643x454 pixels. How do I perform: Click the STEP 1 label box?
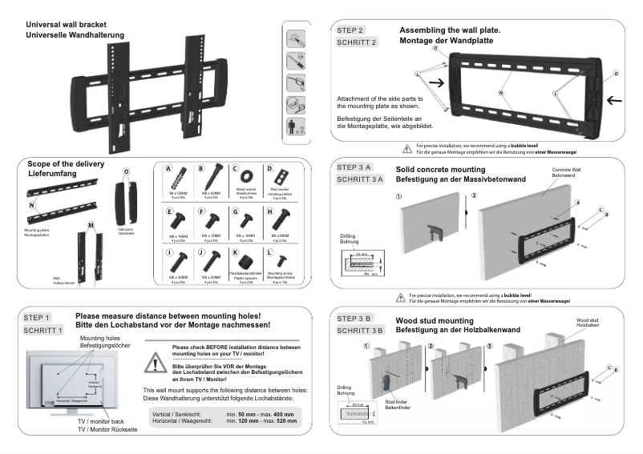[38, 318]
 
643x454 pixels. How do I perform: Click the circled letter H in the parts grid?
[269, 211]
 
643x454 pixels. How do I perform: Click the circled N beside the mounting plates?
[31, 205]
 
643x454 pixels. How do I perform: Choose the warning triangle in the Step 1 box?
[152, 362]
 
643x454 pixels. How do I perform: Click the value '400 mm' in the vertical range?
[283, 413]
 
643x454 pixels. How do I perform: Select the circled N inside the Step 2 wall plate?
[502, 94]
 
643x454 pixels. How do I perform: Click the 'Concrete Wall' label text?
[567, 171]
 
